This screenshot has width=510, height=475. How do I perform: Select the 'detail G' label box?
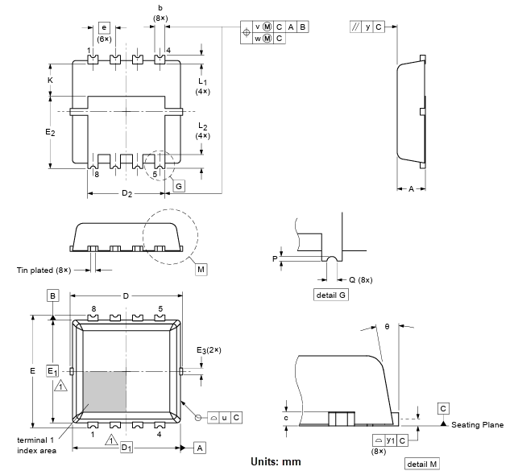pos(332,295)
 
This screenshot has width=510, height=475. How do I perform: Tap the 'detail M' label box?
pos(422,465)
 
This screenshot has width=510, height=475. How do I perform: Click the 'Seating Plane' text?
pos(477,425)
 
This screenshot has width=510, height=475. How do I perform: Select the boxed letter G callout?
pos(178,186)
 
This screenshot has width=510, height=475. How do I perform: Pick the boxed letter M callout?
pos(201,268)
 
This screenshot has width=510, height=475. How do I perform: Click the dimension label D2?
pos(127,194)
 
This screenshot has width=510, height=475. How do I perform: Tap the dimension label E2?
pos(49,131)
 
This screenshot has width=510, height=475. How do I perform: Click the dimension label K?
pos(50,81)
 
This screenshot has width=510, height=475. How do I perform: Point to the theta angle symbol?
pos(387,326)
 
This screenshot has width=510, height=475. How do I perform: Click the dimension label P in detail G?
pos(275,259)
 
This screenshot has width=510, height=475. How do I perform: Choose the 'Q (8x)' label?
pos(359,279)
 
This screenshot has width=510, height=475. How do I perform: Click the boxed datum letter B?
pos(52,296)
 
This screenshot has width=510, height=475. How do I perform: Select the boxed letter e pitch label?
pos(104,27)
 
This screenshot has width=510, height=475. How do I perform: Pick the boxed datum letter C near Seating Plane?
pos(443,408)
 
